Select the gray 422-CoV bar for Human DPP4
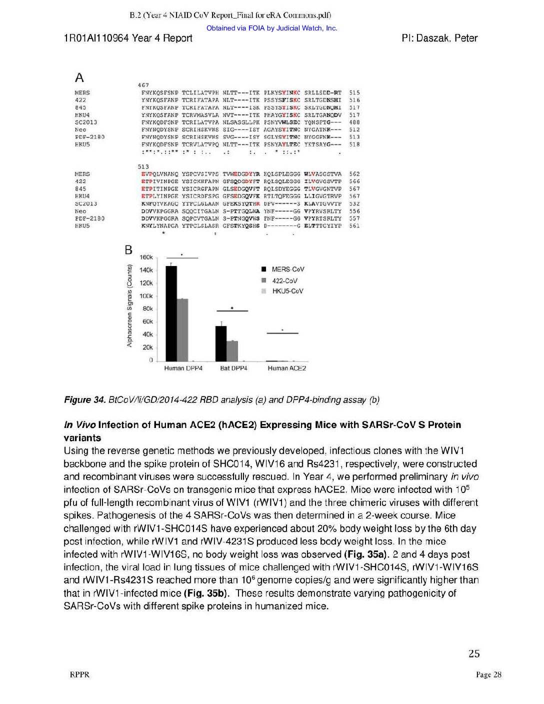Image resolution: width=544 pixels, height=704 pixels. coord(182,329)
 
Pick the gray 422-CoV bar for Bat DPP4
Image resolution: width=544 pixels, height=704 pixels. coord(232,350)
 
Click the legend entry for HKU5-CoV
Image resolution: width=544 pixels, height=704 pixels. coord(287,291)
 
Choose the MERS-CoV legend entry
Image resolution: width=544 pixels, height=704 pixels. coord(287,269)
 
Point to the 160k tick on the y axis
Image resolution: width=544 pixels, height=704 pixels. coord(146,257)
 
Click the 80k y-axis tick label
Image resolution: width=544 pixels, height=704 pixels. coord(147,309)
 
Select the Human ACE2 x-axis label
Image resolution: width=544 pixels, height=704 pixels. coord(286,368)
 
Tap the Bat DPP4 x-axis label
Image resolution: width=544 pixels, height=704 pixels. coord(233,368)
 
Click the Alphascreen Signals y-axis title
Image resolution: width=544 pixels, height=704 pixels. coord(129,305)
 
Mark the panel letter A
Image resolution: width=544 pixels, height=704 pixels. coord(79,78)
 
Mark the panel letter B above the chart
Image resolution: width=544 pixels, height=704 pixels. coord(128,250)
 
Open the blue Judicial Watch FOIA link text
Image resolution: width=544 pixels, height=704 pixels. coord(271,28)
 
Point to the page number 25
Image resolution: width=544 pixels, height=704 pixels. coord(474,653)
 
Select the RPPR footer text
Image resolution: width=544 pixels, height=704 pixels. coord(79,675)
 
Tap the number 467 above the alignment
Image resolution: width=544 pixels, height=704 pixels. coord(143,85)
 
